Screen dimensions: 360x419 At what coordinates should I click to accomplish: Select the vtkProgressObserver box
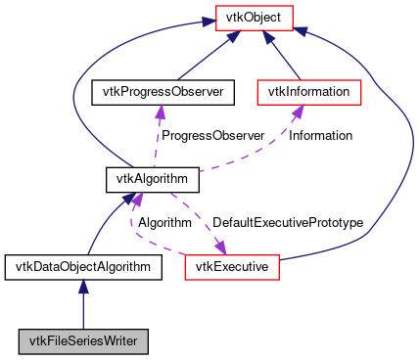click(x=159, y=93)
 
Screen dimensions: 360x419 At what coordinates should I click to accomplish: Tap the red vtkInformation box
click(x=309, y=93)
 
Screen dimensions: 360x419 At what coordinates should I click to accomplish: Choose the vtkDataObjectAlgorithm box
click(x=83, y=265)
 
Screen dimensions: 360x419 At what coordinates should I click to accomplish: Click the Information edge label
click(x=320, y=135)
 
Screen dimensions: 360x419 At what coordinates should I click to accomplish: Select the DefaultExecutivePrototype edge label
click(x=288, y=223)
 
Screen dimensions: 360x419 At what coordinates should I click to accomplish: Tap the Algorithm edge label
click(x=163, y=223)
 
